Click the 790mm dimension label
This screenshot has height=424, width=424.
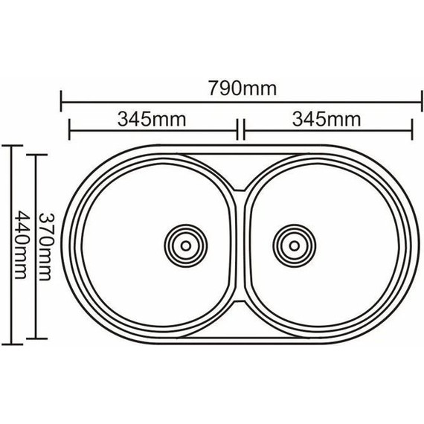click(242, 89)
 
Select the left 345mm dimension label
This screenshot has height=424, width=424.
click(152, 119)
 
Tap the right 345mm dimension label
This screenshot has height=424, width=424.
click(327, 119)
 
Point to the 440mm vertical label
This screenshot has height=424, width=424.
click(21, 245)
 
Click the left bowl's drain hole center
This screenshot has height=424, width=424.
click(186, 245)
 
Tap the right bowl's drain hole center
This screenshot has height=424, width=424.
click(295, 245)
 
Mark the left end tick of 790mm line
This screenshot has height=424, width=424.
click(61, 101)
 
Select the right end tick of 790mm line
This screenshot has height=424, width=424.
click(422, 101)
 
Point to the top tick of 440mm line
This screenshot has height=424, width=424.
click(12, 146)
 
